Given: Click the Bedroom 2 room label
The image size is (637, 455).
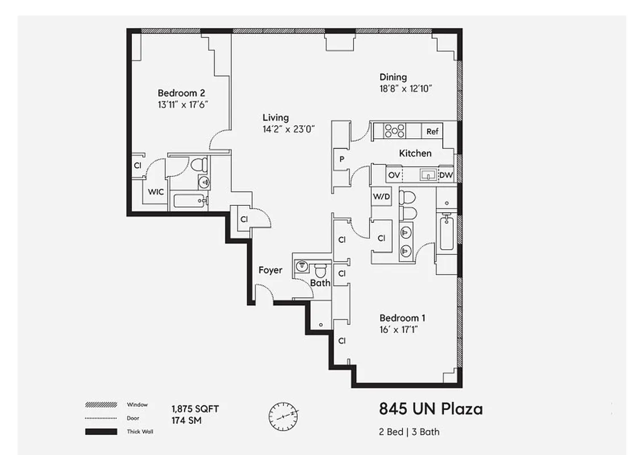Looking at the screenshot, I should point(181,93).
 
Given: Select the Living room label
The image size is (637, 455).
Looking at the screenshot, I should point(276,118).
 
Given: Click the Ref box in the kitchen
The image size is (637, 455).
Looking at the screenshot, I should point(433,131).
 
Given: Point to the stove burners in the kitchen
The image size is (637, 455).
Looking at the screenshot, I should point(394,131).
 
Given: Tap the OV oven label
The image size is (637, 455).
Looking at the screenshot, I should point(394,175).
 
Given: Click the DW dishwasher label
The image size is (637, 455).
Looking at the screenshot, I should point(446,175).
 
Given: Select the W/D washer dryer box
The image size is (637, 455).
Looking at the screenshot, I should point(381,197).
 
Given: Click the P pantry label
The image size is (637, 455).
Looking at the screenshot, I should point(342,159).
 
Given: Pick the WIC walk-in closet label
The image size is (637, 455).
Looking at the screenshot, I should point(156,192).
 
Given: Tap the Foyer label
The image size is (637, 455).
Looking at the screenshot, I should point(270,270).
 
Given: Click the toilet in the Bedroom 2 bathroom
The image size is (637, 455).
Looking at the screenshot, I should point(198,165).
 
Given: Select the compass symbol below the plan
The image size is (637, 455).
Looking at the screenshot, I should point(283,417).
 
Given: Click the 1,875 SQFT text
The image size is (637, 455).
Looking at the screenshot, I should point(195,409).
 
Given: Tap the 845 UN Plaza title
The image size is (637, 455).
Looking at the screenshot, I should point(430,409).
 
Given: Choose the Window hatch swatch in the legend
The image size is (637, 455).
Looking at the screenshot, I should point(101,405).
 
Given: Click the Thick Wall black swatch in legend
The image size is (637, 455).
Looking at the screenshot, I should point(101,432).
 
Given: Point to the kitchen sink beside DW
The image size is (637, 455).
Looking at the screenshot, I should point(428,175).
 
